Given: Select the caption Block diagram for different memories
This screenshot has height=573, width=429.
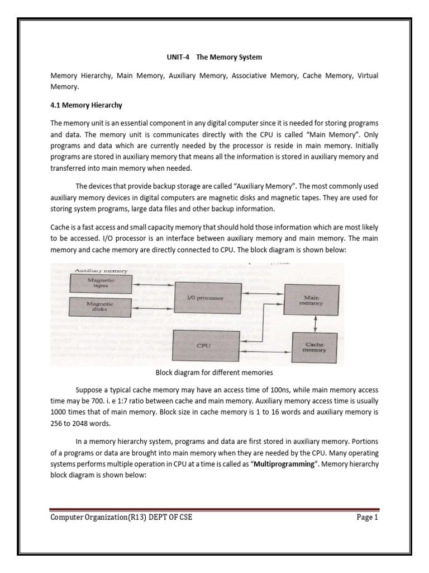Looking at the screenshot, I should (x=214, y=371).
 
